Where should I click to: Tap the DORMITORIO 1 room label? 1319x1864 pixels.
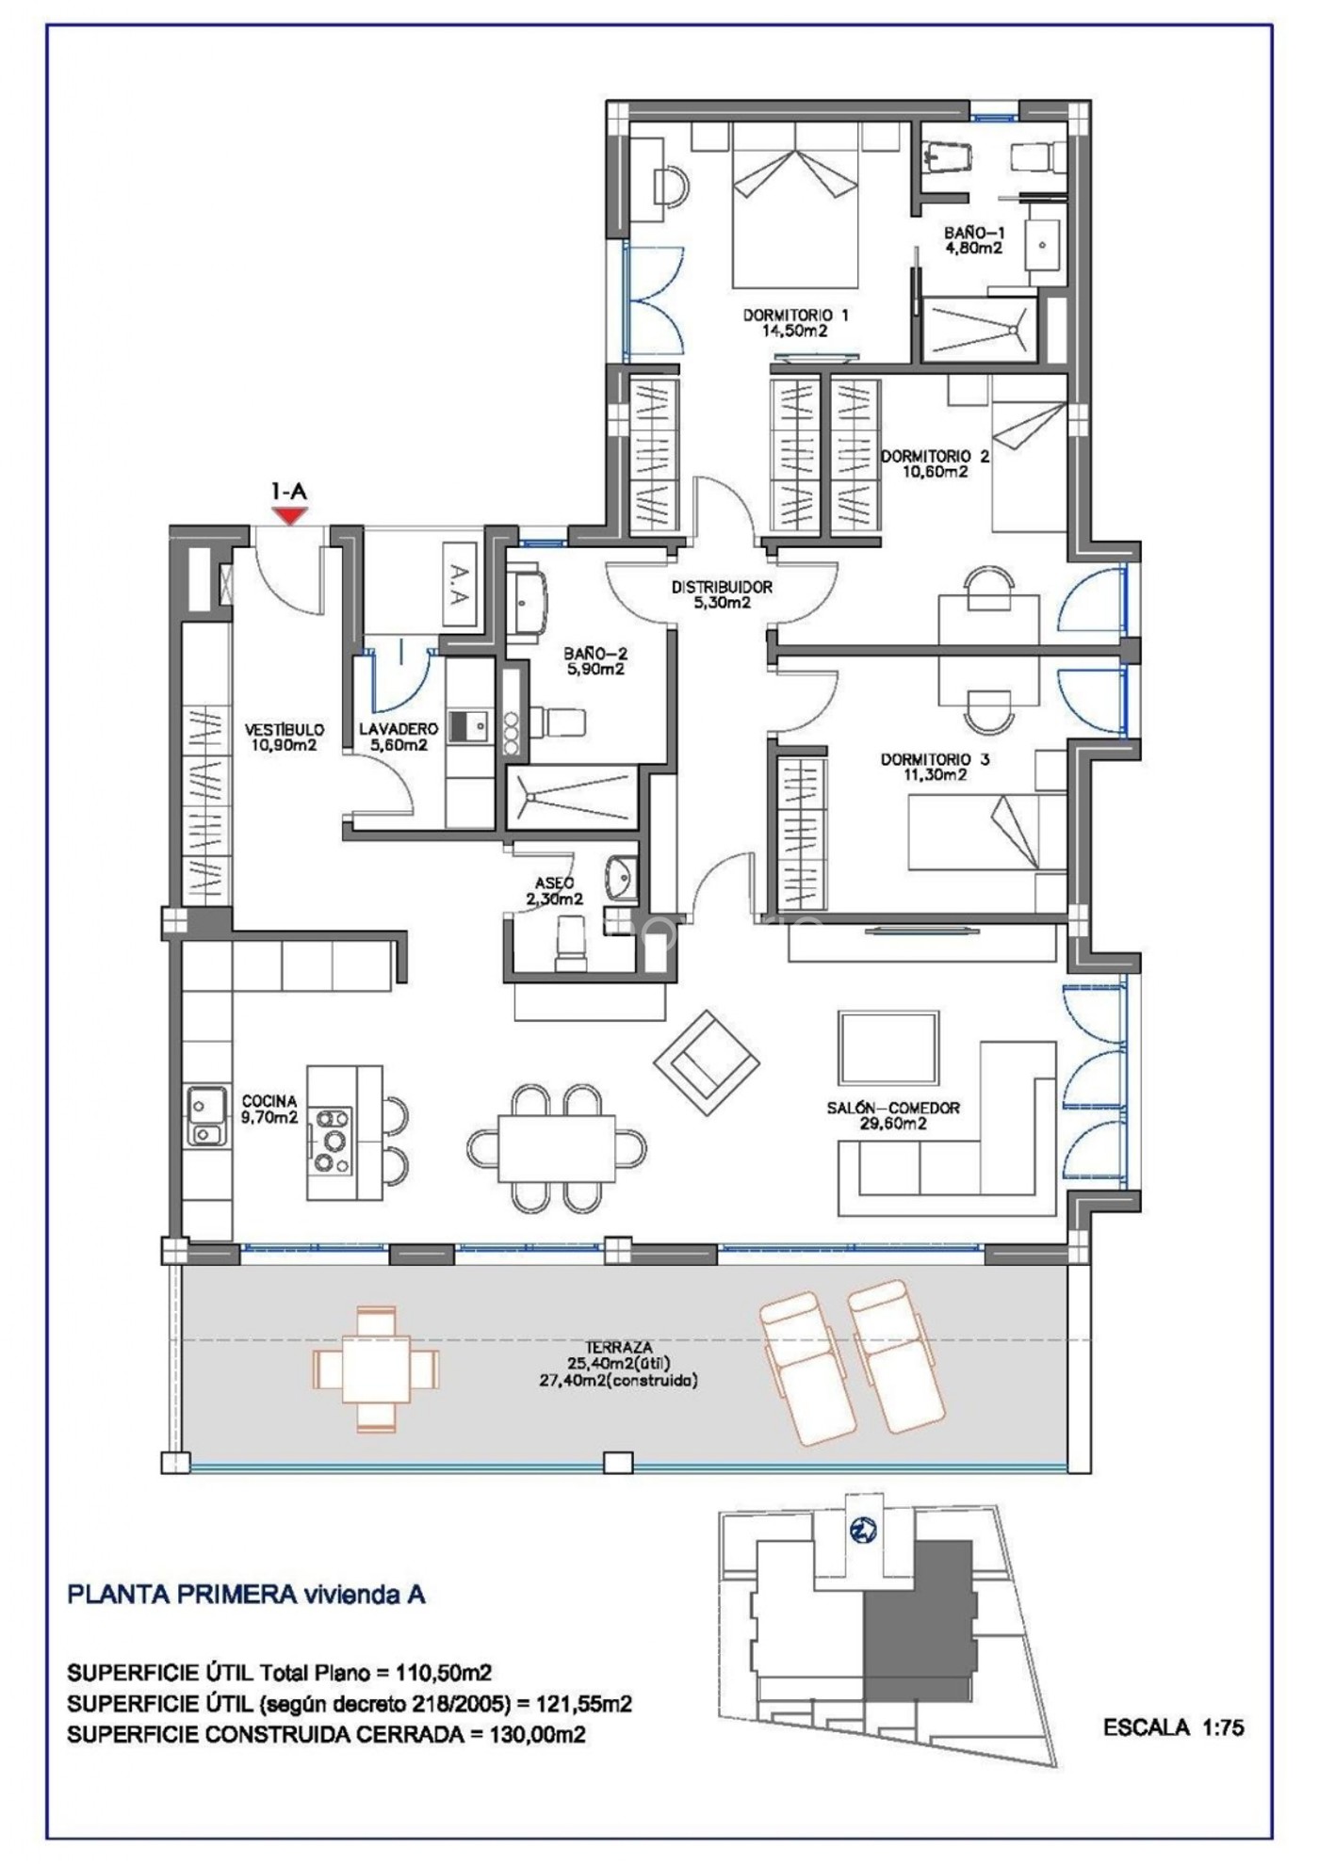click(x=795, y=315)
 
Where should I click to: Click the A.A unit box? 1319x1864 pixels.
click(x=459, y=584)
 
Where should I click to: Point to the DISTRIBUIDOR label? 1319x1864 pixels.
click(x=722, y=587)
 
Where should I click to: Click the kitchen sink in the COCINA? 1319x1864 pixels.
click(x=207, y=1116)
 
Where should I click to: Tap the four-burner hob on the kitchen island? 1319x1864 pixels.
click(x=331, y=1141)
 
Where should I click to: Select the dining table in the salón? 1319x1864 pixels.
click(x=556, y=1147)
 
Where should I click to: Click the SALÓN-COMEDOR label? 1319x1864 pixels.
click(x=893, y=1109)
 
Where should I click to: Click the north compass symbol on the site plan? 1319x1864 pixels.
click(x=862, y=1531)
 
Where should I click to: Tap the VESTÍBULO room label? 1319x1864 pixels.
click(x=284, y=730)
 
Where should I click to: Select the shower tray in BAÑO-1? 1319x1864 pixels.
click(x=979, y=330)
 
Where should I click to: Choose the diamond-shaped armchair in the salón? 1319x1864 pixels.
click(x=707, y=1062)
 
